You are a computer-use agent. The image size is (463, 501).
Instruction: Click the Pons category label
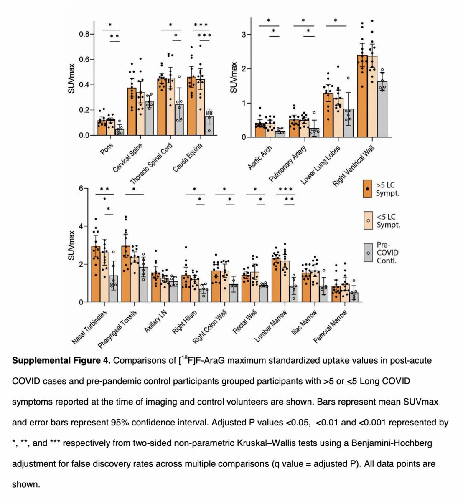tap(107, 149)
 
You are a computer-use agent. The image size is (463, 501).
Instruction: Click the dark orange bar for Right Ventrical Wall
tap(362, 96)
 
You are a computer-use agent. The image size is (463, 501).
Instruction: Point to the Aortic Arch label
tap(261, 157)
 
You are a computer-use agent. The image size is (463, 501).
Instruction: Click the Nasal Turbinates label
tap(90, 327)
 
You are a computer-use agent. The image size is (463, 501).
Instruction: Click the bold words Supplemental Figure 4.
tap(61, 361)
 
